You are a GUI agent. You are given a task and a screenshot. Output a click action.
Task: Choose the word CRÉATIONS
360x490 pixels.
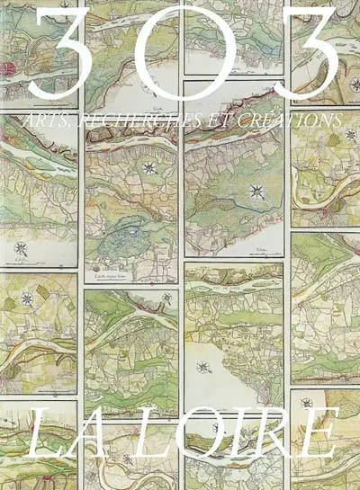pos(280,120)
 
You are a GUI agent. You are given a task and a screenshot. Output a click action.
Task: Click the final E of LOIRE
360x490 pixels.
pos(316,434)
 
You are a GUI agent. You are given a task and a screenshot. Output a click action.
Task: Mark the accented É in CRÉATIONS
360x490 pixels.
pos(246,119)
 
